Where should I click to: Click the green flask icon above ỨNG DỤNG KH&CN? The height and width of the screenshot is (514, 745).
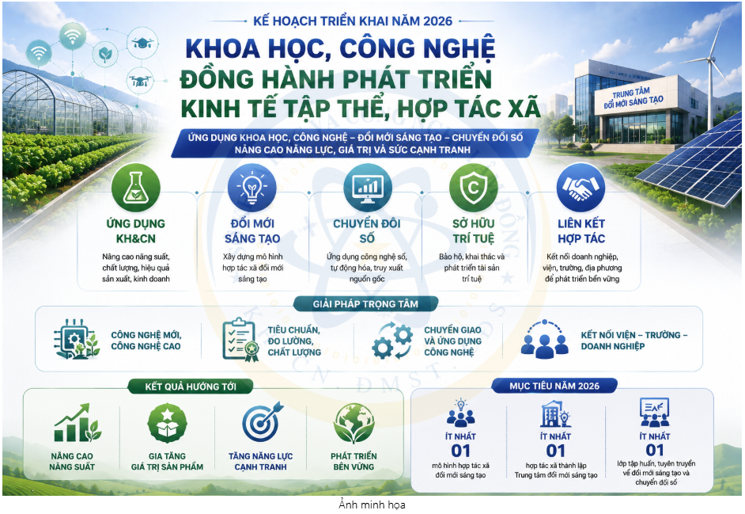(x=136, y=188)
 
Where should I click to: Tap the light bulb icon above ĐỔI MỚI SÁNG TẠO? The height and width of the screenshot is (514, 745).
(x=251, y=188)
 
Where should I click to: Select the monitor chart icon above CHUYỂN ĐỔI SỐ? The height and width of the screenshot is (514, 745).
(x=368, y=188)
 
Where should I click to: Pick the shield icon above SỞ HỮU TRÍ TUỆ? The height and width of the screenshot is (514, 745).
(x=473, y=188)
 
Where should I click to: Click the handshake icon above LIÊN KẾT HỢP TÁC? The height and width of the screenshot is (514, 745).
(x=580, y=188)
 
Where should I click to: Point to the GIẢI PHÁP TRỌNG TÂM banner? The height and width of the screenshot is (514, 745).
(x=365, y=304)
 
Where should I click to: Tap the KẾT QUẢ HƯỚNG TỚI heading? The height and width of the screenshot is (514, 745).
(x=191, y=386)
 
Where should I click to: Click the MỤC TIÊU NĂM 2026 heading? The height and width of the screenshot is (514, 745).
(x=554, y=386)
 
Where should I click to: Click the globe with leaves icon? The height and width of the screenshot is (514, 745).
(x=354, y=423)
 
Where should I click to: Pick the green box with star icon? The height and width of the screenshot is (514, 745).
(x=167, y=423)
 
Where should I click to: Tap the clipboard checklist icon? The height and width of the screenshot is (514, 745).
(x=240, y=340)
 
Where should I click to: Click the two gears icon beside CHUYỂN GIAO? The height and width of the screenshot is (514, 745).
(x=392, y=341)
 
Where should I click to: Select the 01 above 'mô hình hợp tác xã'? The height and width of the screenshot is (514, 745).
(x=460, y=451)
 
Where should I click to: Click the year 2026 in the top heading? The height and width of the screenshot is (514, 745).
(x=437, y=21)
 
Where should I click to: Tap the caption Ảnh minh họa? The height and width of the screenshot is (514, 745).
(x=372, y=504)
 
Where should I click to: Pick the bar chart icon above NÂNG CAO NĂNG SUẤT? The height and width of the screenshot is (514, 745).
(x=77, y=423)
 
